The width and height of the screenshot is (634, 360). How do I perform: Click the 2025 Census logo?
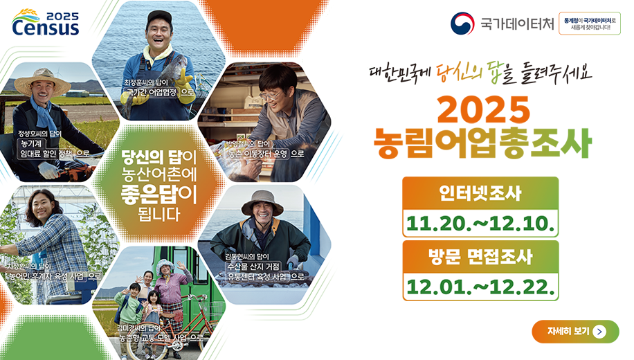click(x=46, y=23)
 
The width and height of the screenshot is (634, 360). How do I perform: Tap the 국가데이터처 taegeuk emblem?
click(x=462, y=24)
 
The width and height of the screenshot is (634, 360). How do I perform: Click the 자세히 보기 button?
click(x=575, y=332)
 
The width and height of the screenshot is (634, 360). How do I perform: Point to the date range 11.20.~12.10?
click(x=480, y=224)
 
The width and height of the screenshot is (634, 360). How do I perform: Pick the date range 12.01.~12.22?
click(x=480, y=287)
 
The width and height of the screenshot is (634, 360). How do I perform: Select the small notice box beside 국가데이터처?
click(x=590, y=24)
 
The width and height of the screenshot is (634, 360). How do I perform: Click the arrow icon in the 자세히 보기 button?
click(x=599, y=332)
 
